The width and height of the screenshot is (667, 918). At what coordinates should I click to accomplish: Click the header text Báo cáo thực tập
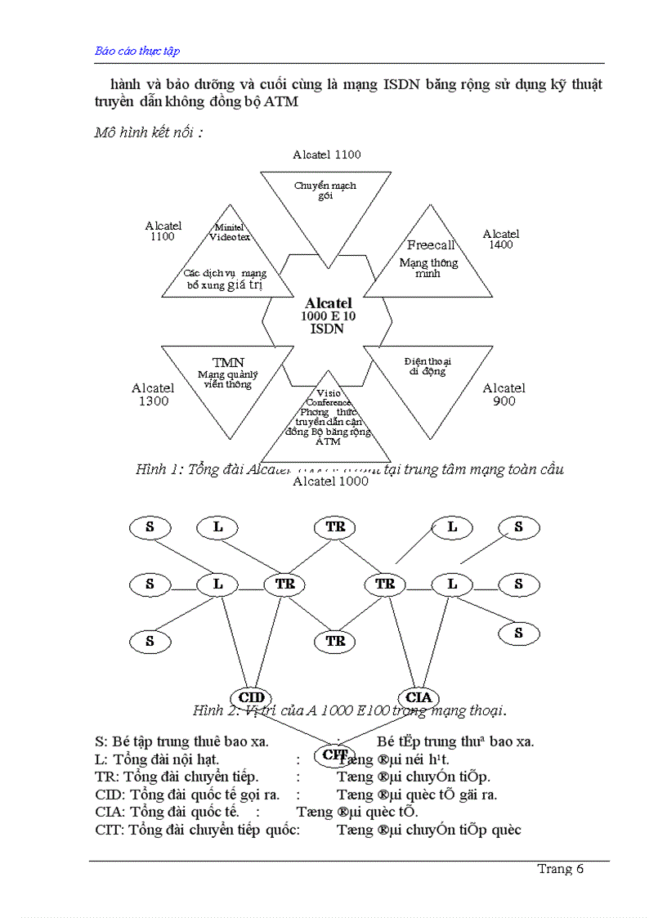coord(137,51)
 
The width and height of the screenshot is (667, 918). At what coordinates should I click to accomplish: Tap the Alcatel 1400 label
coord(500,239)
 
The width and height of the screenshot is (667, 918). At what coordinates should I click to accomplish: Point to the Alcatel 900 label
coord(504,395)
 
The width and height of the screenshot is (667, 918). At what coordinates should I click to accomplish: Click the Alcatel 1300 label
coord(153,394)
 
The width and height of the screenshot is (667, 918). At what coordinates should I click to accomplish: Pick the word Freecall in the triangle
coord(431,244)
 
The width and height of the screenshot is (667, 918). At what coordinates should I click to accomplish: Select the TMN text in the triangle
coord(228,362)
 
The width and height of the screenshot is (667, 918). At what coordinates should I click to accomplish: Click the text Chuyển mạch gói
coord(325,190)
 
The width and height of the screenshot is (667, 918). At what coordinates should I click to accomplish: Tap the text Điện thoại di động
coord(428,365)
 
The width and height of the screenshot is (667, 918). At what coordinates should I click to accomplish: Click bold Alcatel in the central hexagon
coord(328,303)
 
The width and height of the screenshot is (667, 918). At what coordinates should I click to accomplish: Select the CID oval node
coord(253,697)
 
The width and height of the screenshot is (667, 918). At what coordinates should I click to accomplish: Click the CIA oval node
coord(419,697)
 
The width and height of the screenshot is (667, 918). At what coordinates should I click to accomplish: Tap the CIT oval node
coord(335,754)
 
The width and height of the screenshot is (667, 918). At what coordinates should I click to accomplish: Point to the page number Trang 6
coord(560,869)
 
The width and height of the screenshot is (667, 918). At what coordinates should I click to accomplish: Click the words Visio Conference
coord(328,397)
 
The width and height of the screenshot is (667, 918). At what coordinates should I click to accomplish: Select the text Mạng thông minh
coord(428,268)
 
